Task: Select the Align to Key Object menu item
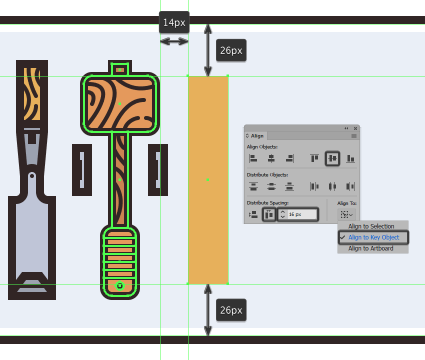point(373,237)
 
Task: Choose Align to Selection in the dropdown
point(371,226)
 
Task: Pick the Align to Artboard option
point(370,248)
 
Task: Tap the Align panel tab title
point(256,136)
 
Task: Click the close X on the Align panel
point(355,128)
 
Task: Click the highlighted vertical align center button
point(332,158)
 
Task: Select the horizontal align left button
point(253,158)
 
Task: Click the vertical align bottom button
point(350,158)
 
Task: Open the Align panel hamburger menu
point(353,136)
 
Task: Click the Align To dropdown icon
point(346,214)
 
